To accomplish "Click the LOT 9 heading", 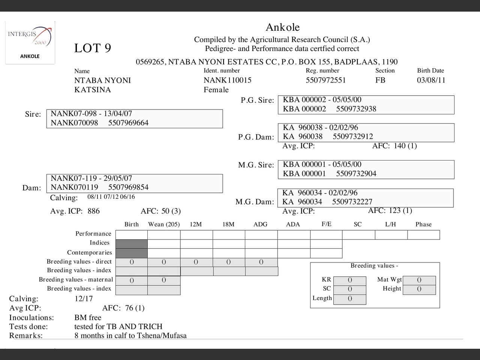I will (x=93, y=48).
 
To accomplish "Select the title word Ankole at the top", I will (x=282, y=27).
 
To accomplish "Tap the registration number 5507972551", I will (x=325, y=80).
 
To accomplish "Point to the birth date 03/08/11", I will (x=431, y=80).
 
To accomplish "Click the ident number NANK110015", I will (x=227, y=80).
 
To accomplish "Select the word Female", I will (x=216, y=90).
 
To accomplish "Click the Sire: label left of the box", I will (x=33, y=114).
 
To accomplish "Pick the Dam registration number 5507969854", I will (x=128, y=187).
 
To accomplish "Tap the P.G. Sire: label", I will (x=257, y=100).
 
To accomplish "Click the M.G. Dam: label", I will (x=255, y=202).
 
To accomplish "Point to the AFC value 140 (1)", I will (x=405, y=146).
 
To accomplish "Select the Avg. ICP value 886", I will (x=94, y=211).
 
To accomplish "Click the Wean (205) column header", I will (x=164, y=224).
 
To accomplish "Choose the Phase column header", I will (x=423, y=224).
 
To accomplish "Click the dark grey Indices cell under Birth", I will (x=131, y=244).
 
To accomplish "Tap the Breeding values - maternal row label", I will (x=76, y=279).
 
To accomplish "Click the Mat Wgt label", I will (x=389, y=279).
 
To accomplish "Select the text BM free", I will (x=88, y=318).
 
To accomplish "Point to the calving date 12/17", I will (x=84, y=299).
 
